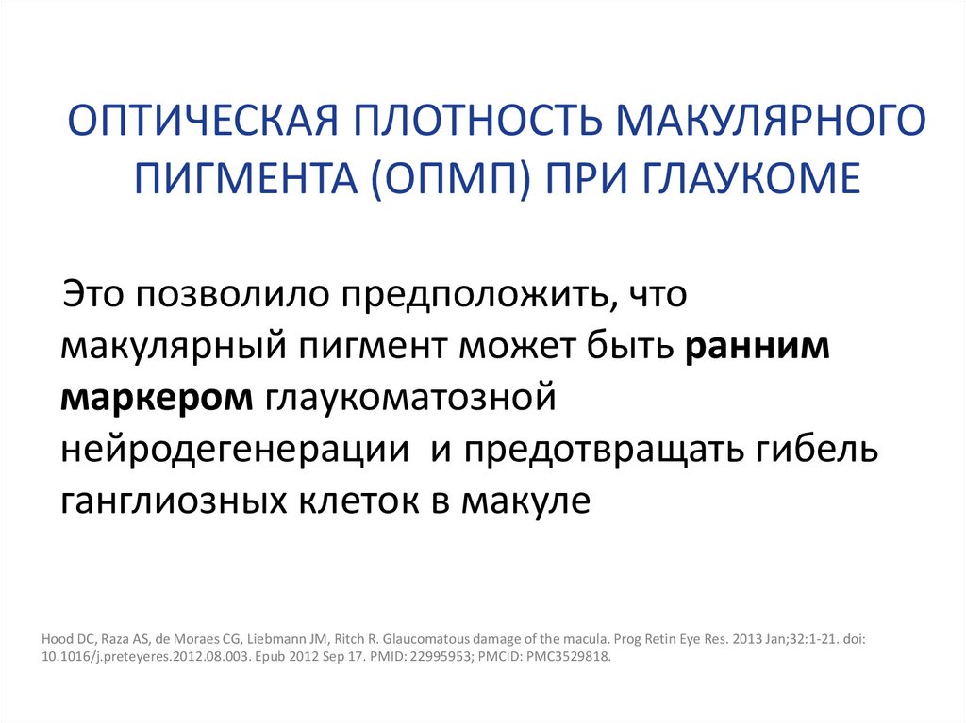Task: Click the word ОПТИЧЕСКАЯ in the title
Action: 188,123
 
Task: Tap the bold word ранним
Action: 758,347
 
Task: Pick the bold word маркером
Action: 157,398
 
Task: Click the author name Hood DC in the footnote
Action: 67,638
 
